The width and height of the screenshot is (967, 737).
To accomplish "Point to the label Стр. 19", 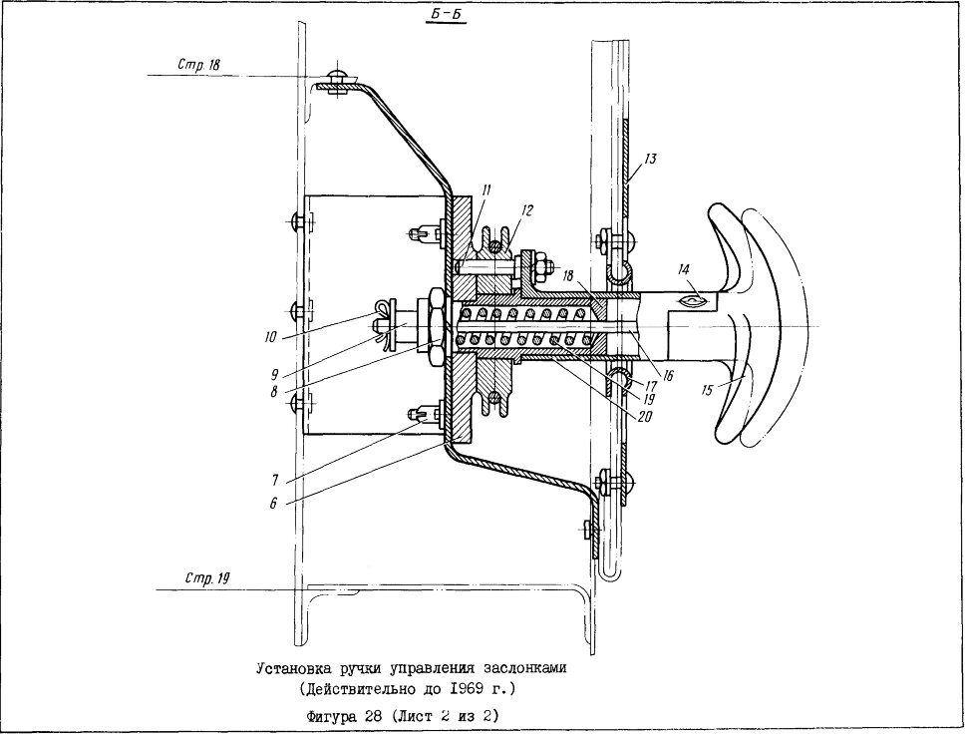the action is pyautogui.click(x=206, y=578).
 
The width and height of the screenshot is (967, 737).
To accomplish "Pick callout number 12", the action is pyautogui.click(x=526, y=210).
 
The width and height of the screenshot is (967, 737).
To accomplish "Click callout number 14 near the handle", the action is pyautogui.click(x=683, y=269).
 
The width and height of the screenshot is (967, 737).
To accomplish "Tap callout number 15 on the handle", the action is pyautogui.click(x=707, y=390).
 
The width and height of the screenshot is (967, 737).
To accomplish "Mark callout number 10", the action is pyautogui.click(x=271, y=337).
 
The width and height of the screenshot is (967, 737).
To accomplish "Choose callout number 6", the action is pyautogui.click(x=272, y=504).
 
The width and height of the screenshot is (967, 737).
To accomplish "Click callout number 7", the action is pyautogui.click(x=274, y=480).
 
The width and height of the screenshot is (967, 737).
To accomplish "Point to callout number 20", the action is pyautogui.click(x=644, y=417).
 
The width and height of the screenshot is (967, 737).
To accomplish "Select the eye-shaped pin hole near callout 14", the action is pyautogui.click(x=693, y=300).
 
